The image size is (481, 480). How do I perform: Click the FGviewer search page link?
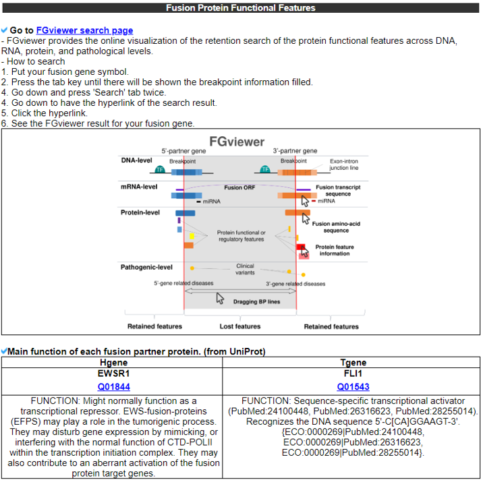(84, 30)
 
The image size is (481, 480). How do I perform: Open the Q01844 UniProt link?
(113, 387)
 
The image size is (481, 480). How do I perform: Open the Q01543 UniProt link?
(353, 387)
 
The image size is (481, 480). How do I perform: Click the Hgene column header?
(113, 363)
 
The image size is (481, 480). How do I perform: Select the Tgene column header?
(353, 363)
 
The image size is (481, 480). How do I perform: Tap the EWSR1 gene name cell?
(113, 373)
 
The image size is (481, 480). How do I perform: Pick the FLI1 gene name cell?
(353, 373)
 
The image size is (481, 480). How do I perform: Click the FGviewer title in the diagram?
(237, 142)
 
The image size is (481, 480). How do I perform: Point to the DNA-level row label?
(136, 160)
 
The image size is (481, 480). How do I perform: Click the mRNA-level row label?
(138, 186)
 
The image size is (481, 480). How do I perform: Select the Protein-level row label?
(140, 212)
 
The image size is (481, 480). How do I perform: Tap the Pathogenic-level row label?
(146, 267)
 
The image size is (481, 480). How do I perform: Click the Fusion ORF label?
(239, 187)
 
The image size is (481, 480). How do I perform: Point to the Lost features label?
(239, 326)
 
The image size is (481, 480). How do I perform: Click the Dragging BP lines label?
(256, 301)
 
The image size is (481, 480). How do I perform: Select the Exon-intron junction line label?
(344, 164)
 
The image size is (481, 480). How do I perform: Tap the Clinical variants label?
(245, 269)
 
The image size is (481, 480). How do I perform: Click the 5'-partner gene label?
(183, 151)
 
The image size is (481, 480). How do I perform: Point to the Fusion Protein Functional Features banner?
(241, 8)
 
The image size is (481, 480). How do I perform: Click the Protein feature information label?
(335, 250)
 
